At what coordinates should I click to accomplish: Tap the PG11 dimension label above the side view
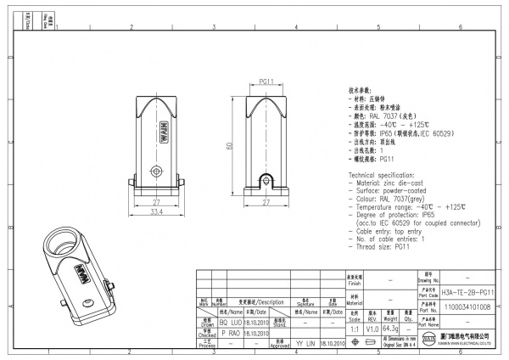pos(265,82)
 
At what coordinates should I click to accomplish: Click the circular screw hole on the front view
pos(157,171)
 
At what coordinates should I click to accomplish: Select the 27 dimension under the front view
pos(157,202)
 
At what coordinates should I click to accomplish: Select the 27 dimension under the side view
pos(266,202)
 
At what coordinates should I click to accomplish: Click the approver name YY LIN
pos(304,345)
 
